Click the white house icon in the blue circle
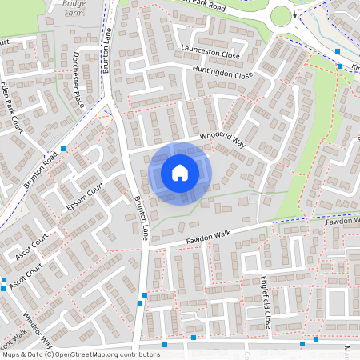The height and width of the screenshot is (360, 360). click(x=180, y=172)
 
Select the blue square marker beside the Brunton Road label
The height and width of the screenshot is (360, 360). click(x=63, y=149)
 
